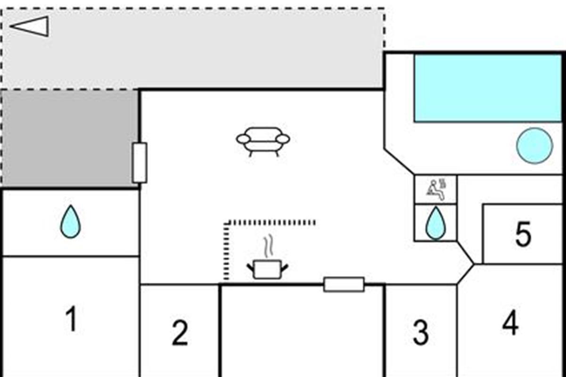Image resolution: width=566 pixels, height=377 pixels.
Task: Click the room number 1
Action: click(x=72, y=319)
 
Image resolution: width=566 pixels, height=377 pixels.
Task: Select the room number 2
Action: click(x=180, y=332)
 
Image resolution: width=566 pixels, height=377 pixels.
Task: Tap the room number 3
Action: click(x=421, y=332)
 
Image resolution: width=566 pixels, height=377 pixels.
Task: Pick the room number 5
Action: click(x=523, y=234)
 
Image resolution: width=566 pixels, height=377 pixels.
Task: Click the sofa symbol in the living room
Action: click(x=263, y=142)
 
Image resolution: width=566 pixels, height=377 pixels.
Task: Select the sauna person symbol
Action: click(x=436, y=189)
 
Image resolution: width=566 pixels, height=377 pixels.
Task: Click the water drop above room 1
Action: click(x=70, y=221)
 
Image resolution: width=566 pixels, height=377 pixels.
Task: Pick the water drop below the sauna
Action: click(x=436, y=223)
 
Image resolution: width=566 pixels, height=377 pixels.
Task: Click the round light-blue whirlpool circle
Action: click(x=535, y=146)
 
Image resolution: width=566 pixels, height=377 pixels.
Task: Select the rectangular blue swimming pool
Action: click(x=488, y=88)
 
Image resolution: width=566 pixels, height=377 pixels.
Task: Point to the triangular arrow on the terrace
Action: click(x=30, y=26)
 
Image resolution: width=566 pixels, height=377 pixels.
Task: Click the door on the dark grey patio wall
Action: click(x=140, y=163)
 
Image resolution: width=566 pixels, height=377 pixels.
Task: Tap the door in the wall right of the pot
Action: click(x=344, y=284)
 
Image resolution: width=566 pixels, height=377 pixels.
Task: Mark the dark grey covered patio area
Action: click(x=70, y=139)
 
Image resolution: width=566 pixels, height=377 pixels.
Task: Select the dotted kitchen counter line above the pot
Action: click(x=269, y=222)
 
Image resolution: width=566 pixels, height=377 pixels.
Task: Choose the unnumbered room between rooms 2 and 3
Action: click(x=302, y=331)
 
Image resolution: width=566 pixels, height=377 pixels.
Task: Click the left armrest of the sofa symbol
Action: click(x=243, y=139)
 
